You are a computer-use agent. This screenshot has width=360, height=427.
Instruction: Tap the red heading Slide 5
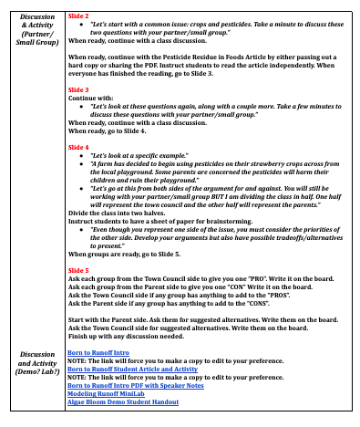(x=79, y=270)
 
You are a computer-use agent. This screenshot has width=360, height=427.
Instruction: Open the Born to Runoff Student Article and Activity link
(x=131, y=369)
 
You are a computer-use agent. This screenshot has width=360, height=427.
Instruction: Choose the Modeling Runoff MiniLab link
(x=108, y=394)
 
